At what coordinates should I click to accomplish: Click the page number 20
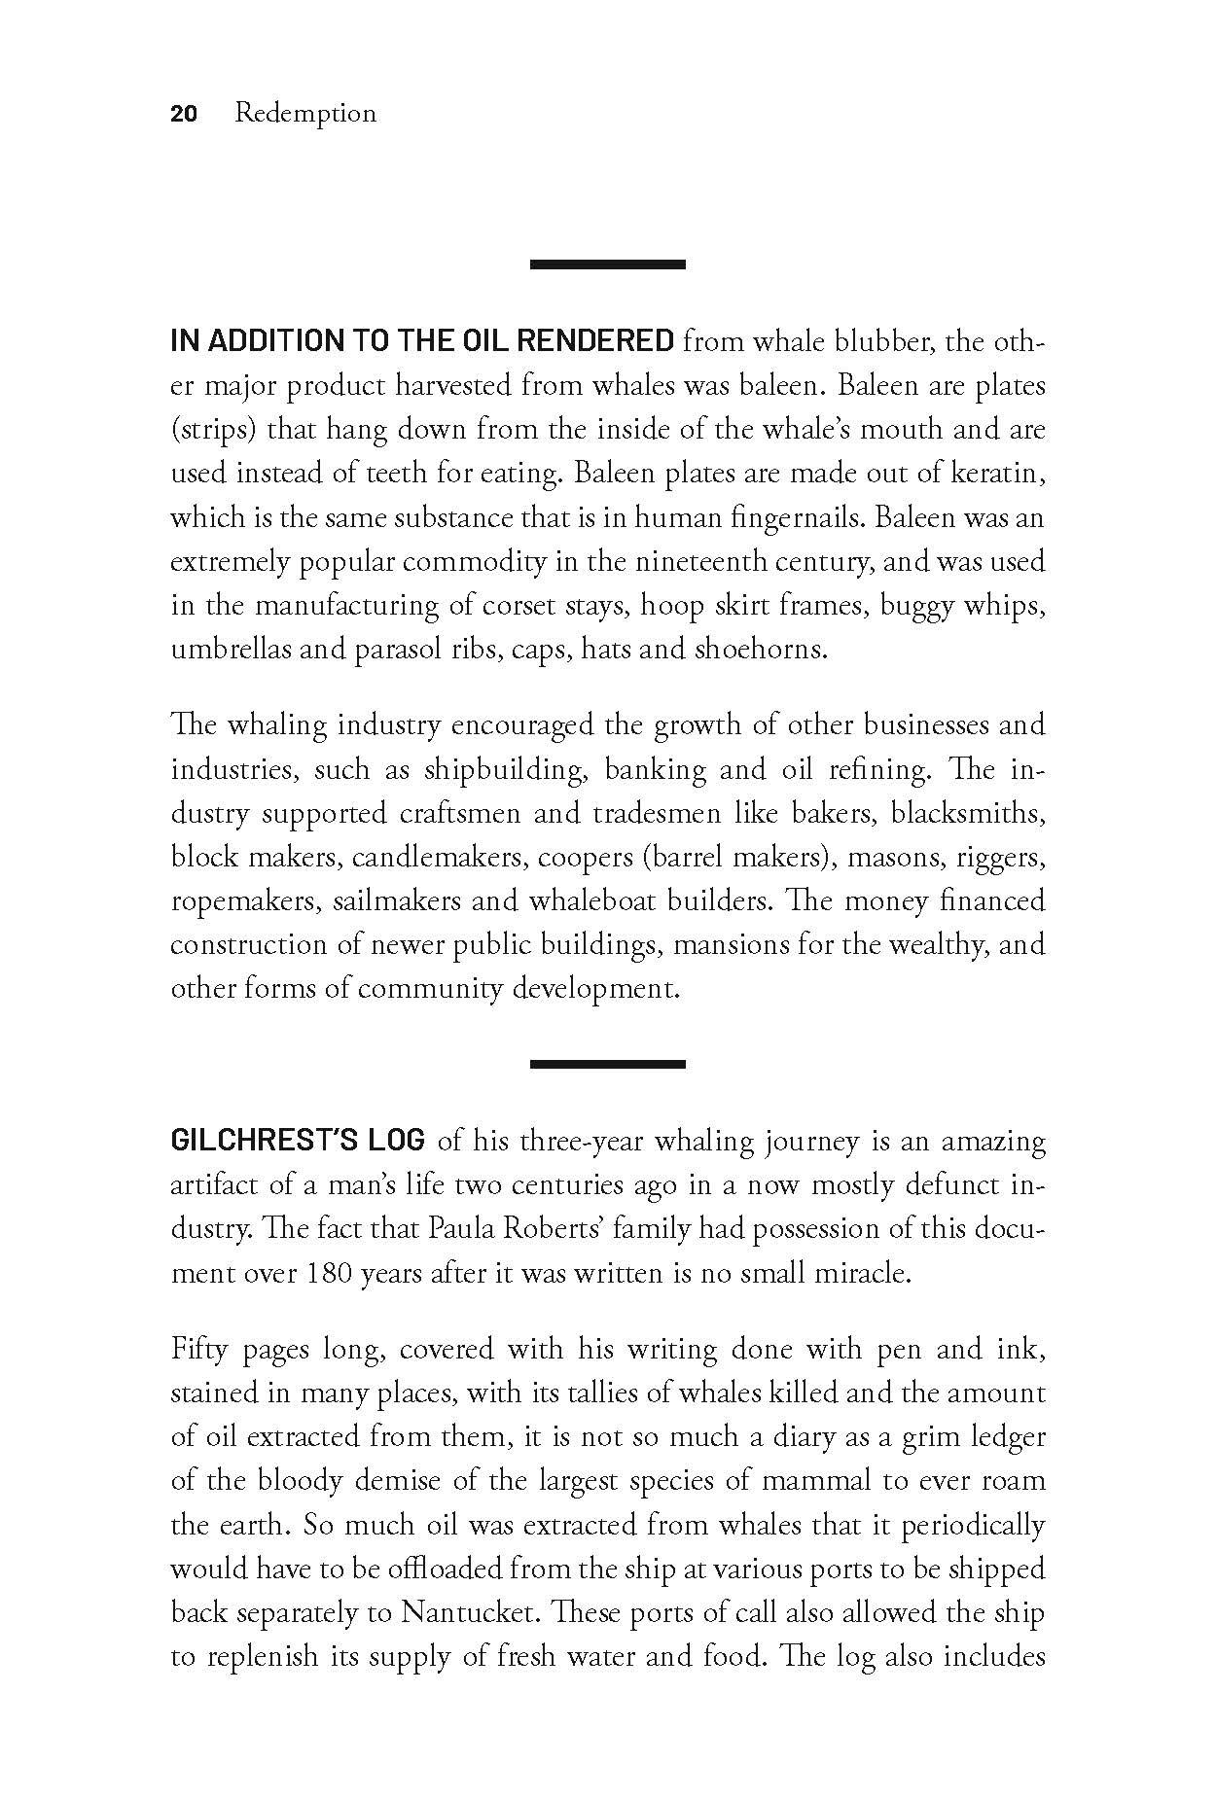[x=184, y=114]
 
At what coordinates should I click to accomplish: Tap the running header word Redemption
[x=305, y=114]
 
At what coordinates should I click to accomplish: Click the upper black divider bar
[x=608, y=264]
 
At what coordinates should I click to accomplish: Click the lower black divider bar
[x=608, y=1064]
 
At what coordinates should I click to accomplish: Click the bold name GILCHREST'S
[x=265, y=1140]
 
